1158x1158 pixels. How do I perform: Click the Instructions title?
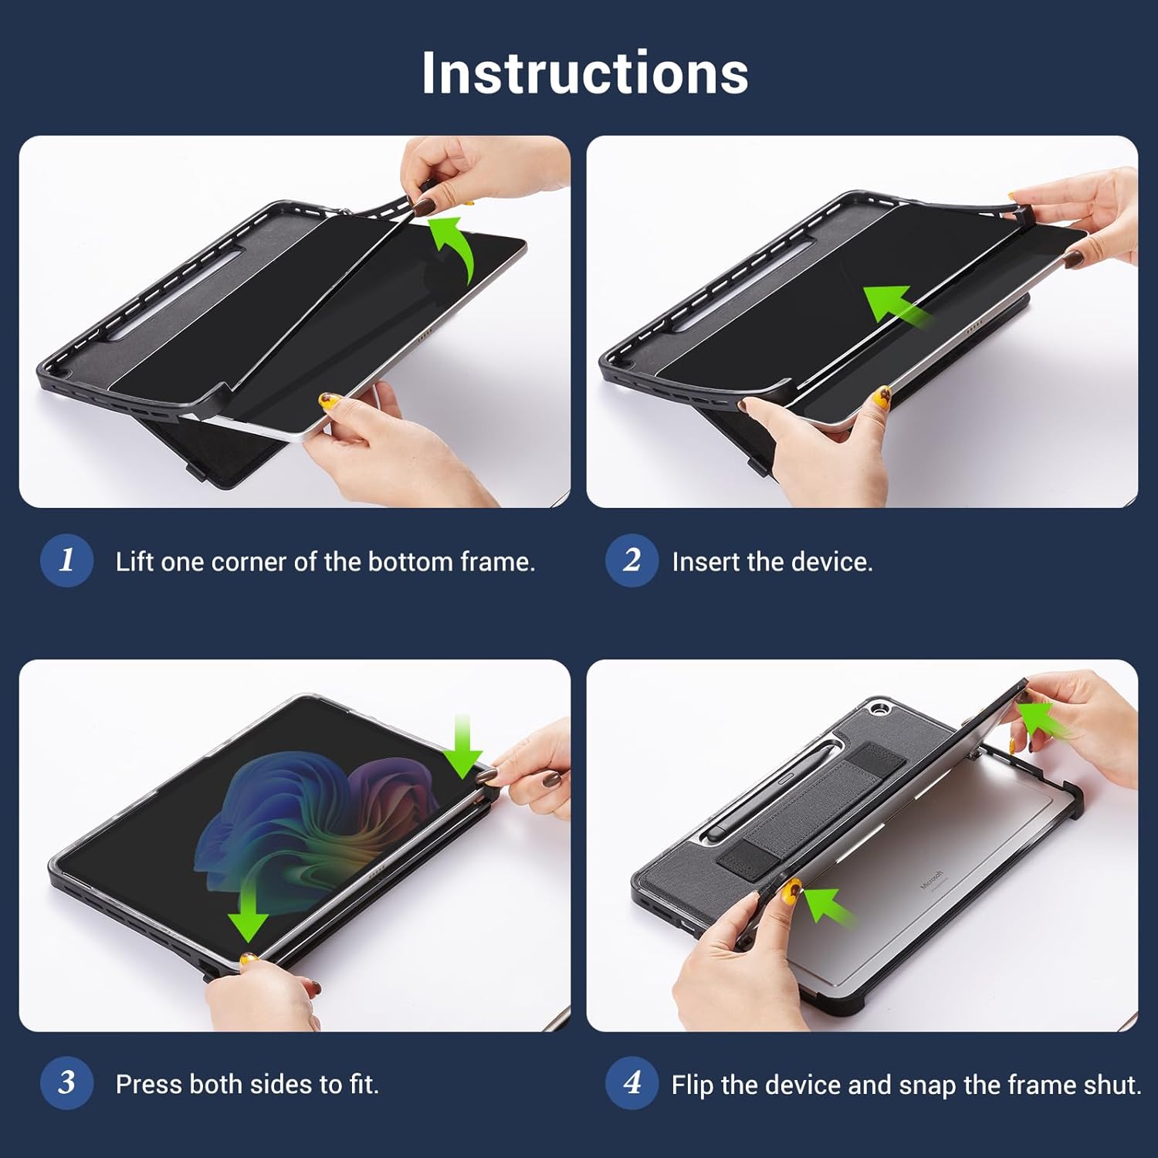(x=584, y=73)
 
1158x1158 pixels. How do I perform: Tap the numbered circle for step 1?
(x=67, y=560)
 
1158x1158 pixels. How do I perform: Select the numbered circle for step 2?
(x=632, y=560)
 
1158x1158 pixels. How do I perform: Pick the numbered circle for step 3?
(x=67, y=1082)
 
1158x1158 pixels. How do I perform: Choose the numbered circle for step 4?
(x=632, y=1082)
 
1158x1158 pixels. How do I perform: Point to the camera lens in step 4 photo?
(x=879, y=708)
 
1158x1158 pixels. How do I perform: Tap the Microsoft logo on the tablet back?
(x=933, y=880)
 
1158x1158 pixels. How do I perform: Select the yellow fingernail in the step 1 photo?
(x=330, y=401)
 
